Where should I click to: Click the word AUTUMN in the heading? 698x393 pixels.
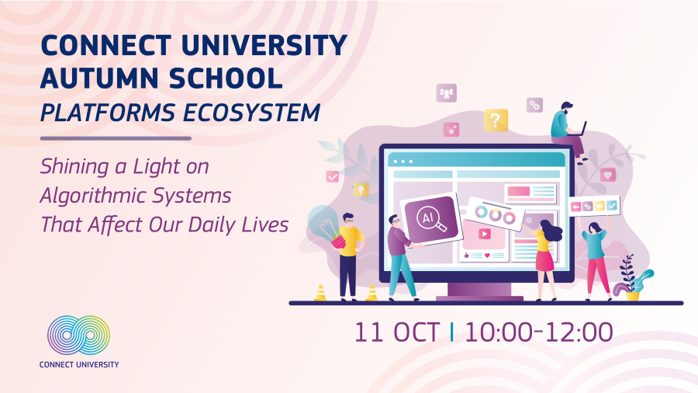[x=99, y=78]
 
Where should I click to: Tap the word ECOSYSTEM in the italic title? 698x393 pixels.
[x=251, y=113]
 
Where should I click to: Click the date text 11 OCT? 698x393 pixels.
[x=396, y=332]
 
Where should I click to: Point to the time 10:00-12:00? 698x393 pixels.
[x=539, y=332]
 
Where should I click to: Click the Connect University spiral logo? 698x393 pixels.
[x=79, y=336]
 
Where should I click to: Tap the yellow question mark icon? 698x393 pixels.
[x=496, y=120]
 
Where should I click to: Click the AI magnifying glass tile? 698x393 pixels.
[x=431, y=220]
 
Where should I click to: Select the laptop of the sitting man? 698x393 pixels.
[x=577, y=130]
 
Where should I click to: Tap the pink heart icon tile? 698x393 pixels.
[x=607, y=174]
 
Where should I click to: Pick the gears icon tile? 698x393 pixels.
[x=534, y=106]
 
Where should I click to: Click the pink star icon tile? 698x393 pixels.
[x=451, y=130]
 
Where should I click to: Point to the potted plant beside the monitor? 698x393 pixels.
[x=632, y=279]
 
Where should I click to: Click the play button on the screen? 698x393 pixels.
[x=484, y=234]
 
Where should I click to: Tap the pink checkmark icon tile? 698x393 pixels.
[x=333, y=176]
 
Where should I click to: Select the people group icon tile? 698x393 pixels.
[x=447, y=93]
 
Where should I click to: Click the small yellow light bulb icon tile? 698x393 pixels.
[x=361, y=190]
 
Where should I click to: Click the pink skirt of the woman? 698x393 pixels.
[x=544, y=261]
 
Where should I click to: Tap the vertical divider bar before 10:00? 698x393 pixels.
[x=452, y=332]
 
